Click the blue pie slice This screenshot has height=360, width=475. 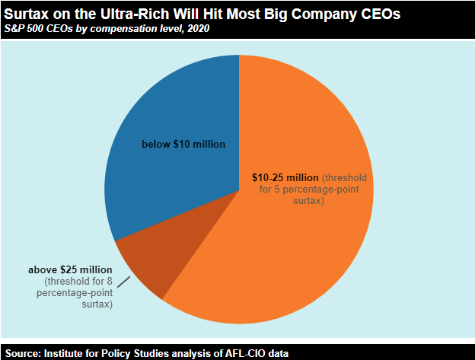[x=175, y=114]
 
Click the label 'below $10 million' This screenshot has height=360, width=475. [x=184, y=143]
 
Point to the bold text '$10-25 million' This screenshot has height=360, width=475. [x=285, y=177]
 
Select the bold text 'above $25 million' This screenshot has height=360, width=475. [x=70, y=270]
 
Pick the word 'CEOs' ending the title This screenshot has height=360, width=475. [x=376, y=14]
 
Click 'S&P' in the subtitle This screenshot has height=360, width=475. [x=15, y=29]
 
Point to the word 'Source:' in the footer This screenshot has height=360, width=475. [x=22, y=353]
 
